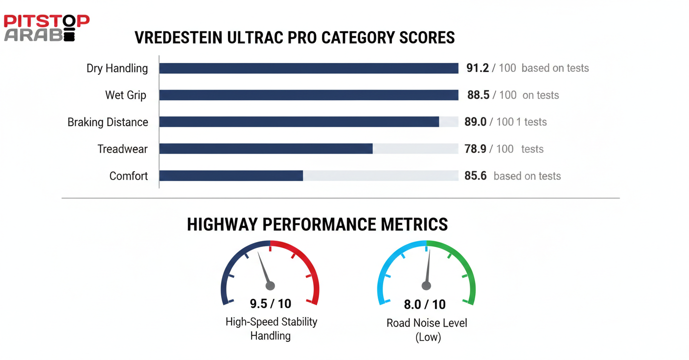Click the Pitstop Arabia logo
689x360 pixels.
pos(46,28)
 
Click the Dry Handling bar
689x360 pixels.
pos(308,68)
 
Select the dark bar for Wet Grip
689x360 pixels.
pos(308,95)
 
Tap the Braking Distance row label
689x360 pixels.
pos(108,122)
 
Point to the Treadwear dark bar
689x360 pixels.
pos(266,149)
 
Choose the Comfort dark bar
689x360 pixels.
pos(231,176)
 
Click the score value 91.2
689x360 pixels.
pos(478,68)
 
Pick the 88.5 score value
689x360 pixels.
pos(478,95)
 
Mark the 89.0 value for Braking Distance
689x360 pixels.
pos(475,122)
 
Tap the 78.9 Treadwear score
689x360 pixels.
pos(475,149)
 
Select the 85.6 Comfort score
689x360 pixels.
pos(475,176)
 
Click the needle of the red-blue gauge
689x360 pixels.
pos(264,269)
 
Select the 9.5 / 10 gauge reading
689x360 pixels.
pos(270,304)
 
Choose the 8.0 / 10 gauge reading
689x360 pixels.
pos(425,305)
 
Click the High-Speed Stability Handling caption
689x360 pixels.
pos(271,329)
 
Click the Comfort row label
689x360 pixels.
pos(128,176)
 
